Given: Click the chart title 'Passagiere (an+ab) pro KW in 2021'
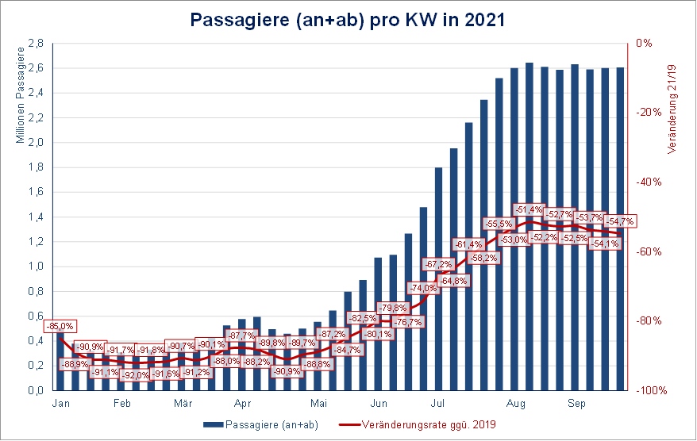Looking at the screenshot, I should point(348,20).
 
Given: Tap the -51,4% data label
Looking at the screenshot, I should point(529,209).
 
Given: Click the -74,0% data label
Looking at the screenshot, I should point(422,288).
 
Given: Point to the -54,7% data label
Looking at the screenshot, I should point(619,220).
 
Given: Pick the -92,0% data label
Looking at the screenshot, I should point(133,375).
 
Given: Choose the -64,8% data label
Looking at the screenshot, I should point(452,281).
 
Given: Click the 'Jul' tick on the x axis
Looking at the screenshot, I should point(437,404).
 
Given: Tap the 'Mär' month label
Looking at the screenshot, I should point(183,404).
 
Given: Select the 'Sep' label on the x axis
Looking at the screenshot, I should point(576,404).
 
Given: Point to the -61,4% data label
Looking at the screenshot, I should point(468,244).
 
